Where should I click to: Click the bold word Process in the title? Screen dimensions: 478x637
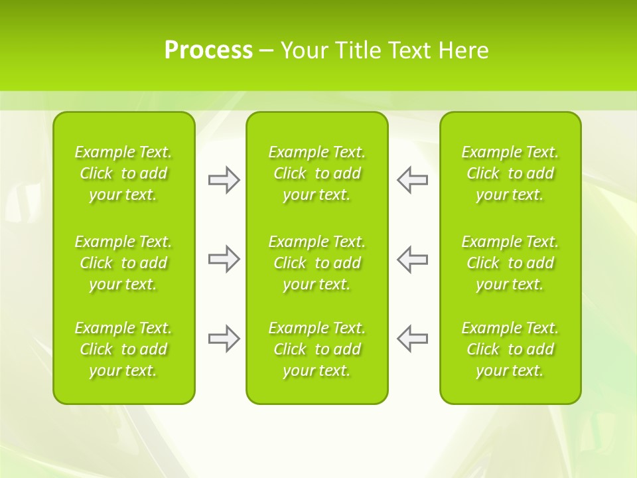pos(208,50)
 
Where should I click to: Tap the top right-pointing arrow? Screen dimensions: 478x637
pos(224,180)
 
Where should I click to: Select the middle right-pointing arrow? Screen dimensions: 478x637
pos(224,259)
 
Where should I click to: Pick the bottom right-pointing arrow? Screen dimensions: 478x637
pos(224,339)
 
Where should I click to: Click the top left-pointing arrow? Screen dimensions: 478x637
pos(412,180)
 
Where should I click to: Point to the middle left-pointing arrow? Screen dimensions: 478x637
pos(412,259)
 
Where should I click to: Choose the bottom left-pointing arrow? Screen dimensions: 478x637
pos(412,339)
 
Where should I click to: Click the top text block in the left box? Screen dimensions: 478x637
pos(123,173)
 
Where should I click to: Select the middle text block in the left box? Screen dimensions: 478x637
pos(123,263)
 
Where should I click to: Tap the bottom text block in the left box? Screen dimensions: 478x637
pos(123,349)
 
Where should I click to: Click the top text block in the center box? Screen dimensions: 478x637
pos(317,173)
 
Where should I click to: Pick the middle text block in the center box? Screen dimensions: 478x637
pos(317,263)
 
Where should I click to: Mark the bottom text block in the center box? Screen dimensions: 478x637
pos(317,349)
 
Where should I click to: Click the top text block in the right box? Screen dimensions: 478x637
pos(510,173)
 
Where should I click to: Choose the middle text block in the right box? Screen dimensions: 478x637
pos(510,263)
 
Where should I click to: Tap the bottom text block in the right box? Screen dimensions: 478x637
pos(510,349)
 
